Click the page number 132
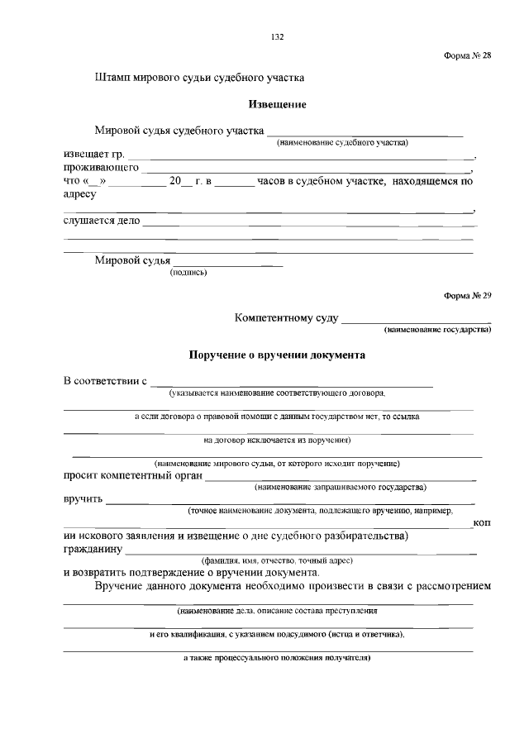[278, 37]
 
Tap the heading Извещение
[278, 105]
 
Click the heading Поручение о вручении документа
[277, 355]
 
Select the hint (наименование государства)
[437, 330]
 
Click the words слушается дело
[102, 222]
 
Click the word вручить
[83, 499]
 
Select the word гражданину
[93, 549]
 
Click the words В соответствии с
[105, 382]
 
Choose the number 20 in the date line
[174, 180]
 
